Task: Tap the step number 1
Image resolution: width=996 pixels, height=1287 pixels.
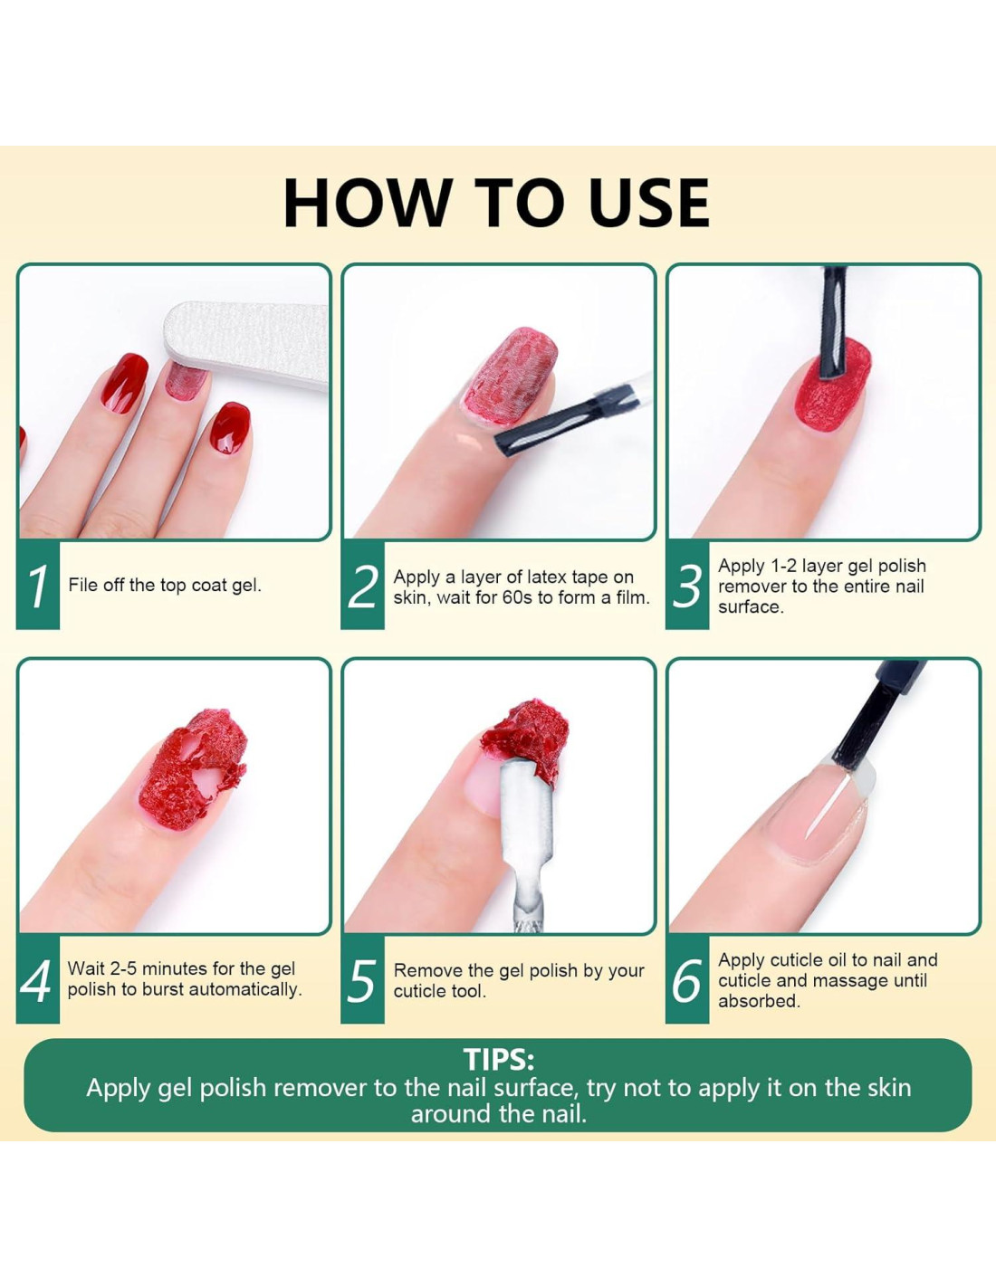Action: pyautogui.click(x=39, y=586)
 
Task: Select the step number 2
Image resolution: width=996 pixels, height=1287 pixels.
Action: pyautogui.click(x=362, y=586)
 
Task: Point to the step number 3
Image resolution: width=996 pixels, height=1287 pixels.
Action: pyautogui.click(x=686, y=586)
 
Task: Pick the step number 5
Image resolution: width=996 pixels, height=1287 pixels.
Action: pyautogui.click(x=362, y=981)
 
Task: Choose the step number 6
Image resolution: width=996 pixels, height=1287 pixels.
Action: pyautogui.click(x=686, y=981)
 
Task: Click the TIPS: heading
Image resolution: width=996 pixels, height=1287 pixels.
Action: pyautogui.click(x=499, y=1060)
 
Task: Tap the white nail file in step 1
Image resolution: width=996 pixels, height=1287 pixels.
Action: pyautogui.click(x=246, y=344)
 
